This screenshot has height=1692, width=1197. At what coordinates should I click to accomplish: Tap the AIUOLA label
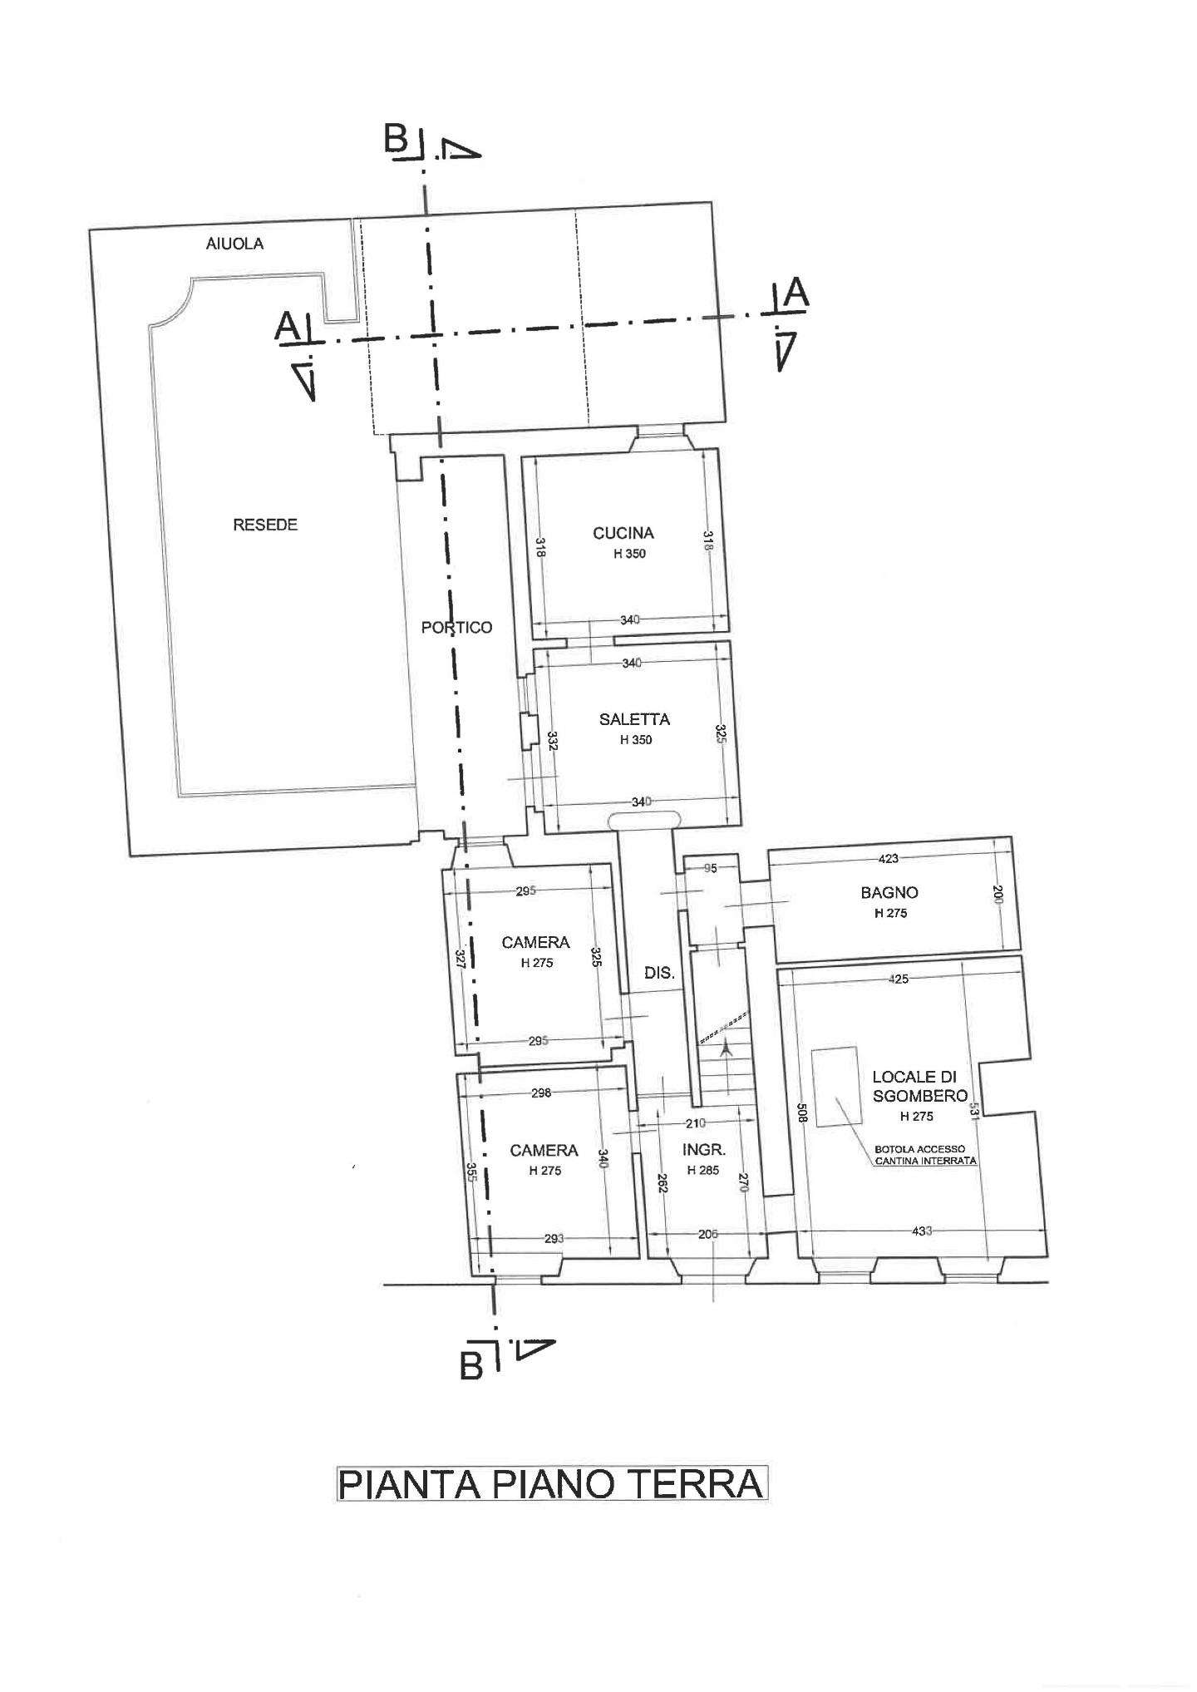[x=234, y=244]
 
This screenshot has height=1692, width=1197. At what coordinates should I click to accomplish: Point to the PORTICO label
[x=456, y=627]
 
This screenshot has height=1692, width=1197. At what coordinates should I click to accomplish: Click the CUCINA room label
[x=623, y=533]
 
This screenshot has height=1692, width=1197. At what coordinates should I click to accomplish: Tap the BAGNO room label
[x=889, y=892]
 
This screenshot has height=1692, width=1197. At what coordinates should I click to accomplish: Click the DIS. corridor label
[x=659, y=971]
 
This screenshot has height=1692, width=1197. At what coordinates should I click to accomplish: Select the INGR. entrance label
[x=704, y=1151]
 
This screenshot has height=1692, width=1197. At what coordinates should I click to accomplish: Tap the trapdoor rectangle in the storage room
[x=835, y=1086]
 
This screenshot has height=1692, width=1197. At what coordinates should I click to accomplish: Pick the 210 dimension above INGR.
[x=696, y=1123]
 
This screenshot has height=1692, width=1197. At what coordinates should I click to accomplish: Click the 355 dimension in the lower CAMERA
[x=470, y=1172]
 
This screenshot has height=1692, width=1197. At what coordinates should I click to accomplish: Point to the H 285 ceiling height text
[x=704, y=1170]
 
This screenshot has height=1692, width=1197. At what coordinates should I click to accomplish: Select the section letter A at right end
[x=796, y=294]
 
